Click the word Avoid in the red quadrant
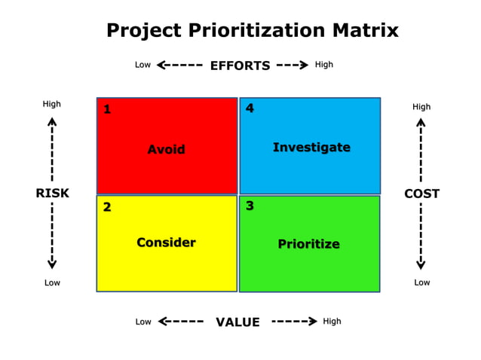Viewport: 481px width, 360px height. (x=166, y=149)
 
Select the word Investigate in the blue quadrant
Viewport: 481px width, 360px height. (x=311, y=148)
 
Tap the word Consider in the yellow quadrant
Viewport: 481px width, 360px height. (x=166, y=243)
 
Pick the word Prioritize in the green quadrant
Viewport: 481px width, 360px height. (x=308, y=244)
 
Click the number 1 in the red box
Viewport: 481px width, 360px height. (x=107, y=110)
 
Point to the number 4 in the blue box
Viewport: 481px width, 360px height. (x=250, y=108)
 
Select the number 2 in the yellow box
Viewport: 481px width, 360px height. (x=107, y=207)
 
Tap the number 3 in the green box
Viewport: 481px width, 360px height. (x=250, y=206)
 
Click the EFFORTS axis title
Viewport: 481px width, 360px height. (x=240, y=66)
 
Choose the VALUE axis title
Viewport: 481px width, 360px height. (x=237, y=322)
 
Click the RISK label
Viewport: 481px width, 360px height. (x=52, y=194)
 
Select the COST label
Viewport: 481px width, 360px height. (x=421, y=194)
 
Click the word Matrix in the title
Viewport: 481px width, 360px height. (x=360, y=31)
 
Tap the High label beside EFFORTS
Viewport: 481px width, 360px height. (x=324, y=65)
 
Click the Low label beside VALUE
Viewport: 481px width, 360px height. (x=143, y=322)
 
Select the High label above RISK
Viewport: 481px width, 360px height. (x=52, y=104)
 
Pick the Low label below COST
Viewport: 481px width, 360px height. (x=421, y=282)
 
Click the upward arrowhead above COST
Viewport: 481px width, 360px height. (x=421, y=121)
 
